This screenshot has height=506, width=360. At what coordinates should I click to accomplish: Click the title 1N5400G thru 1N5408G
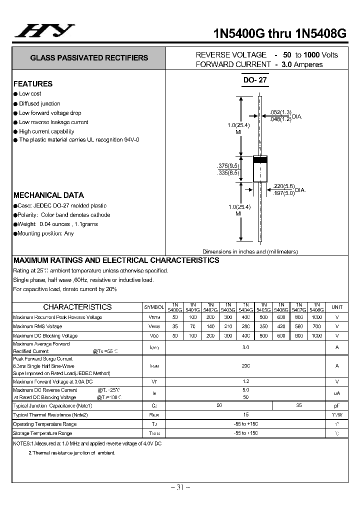279,34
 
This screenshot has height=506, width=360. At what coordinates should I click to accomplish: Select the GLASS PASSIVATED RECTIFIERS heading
89,58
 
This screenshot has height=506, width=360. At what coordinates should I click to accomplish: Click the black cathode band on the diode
259,160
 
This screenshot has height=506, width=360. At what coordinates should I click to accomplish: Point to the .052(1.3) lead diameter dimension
280,112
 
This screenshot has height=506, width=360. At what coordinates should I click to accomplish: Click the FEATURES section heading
33,84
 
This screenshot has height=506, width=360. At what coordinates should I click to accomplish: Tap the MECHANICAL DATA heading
48,195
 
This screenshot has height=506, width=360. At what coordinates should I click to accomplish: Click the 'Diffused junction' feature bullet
39,103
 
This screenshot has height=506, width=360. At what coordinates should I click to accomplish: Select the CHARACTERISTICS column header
77,307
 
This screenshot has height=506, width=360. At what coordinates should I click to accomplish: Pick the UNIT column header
337,307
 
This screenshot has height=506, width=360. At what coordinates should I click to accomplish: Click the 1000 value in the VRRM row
316,317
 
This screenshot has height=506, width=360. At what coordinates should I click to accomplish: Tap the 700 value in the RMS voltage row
316,326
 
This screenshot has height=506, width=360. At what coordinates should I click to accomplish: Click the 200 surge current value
245,366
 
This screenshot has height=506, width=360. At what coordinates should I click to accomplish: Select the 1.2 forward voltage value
245,381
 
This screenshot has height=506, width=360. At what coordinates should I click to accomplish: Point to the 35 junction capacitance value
298,405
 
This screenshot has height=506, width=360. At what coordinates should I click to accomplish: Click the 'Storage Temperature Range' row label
42,433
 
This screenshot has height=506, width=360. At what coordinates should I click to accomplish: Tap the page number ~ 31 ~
180,487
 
